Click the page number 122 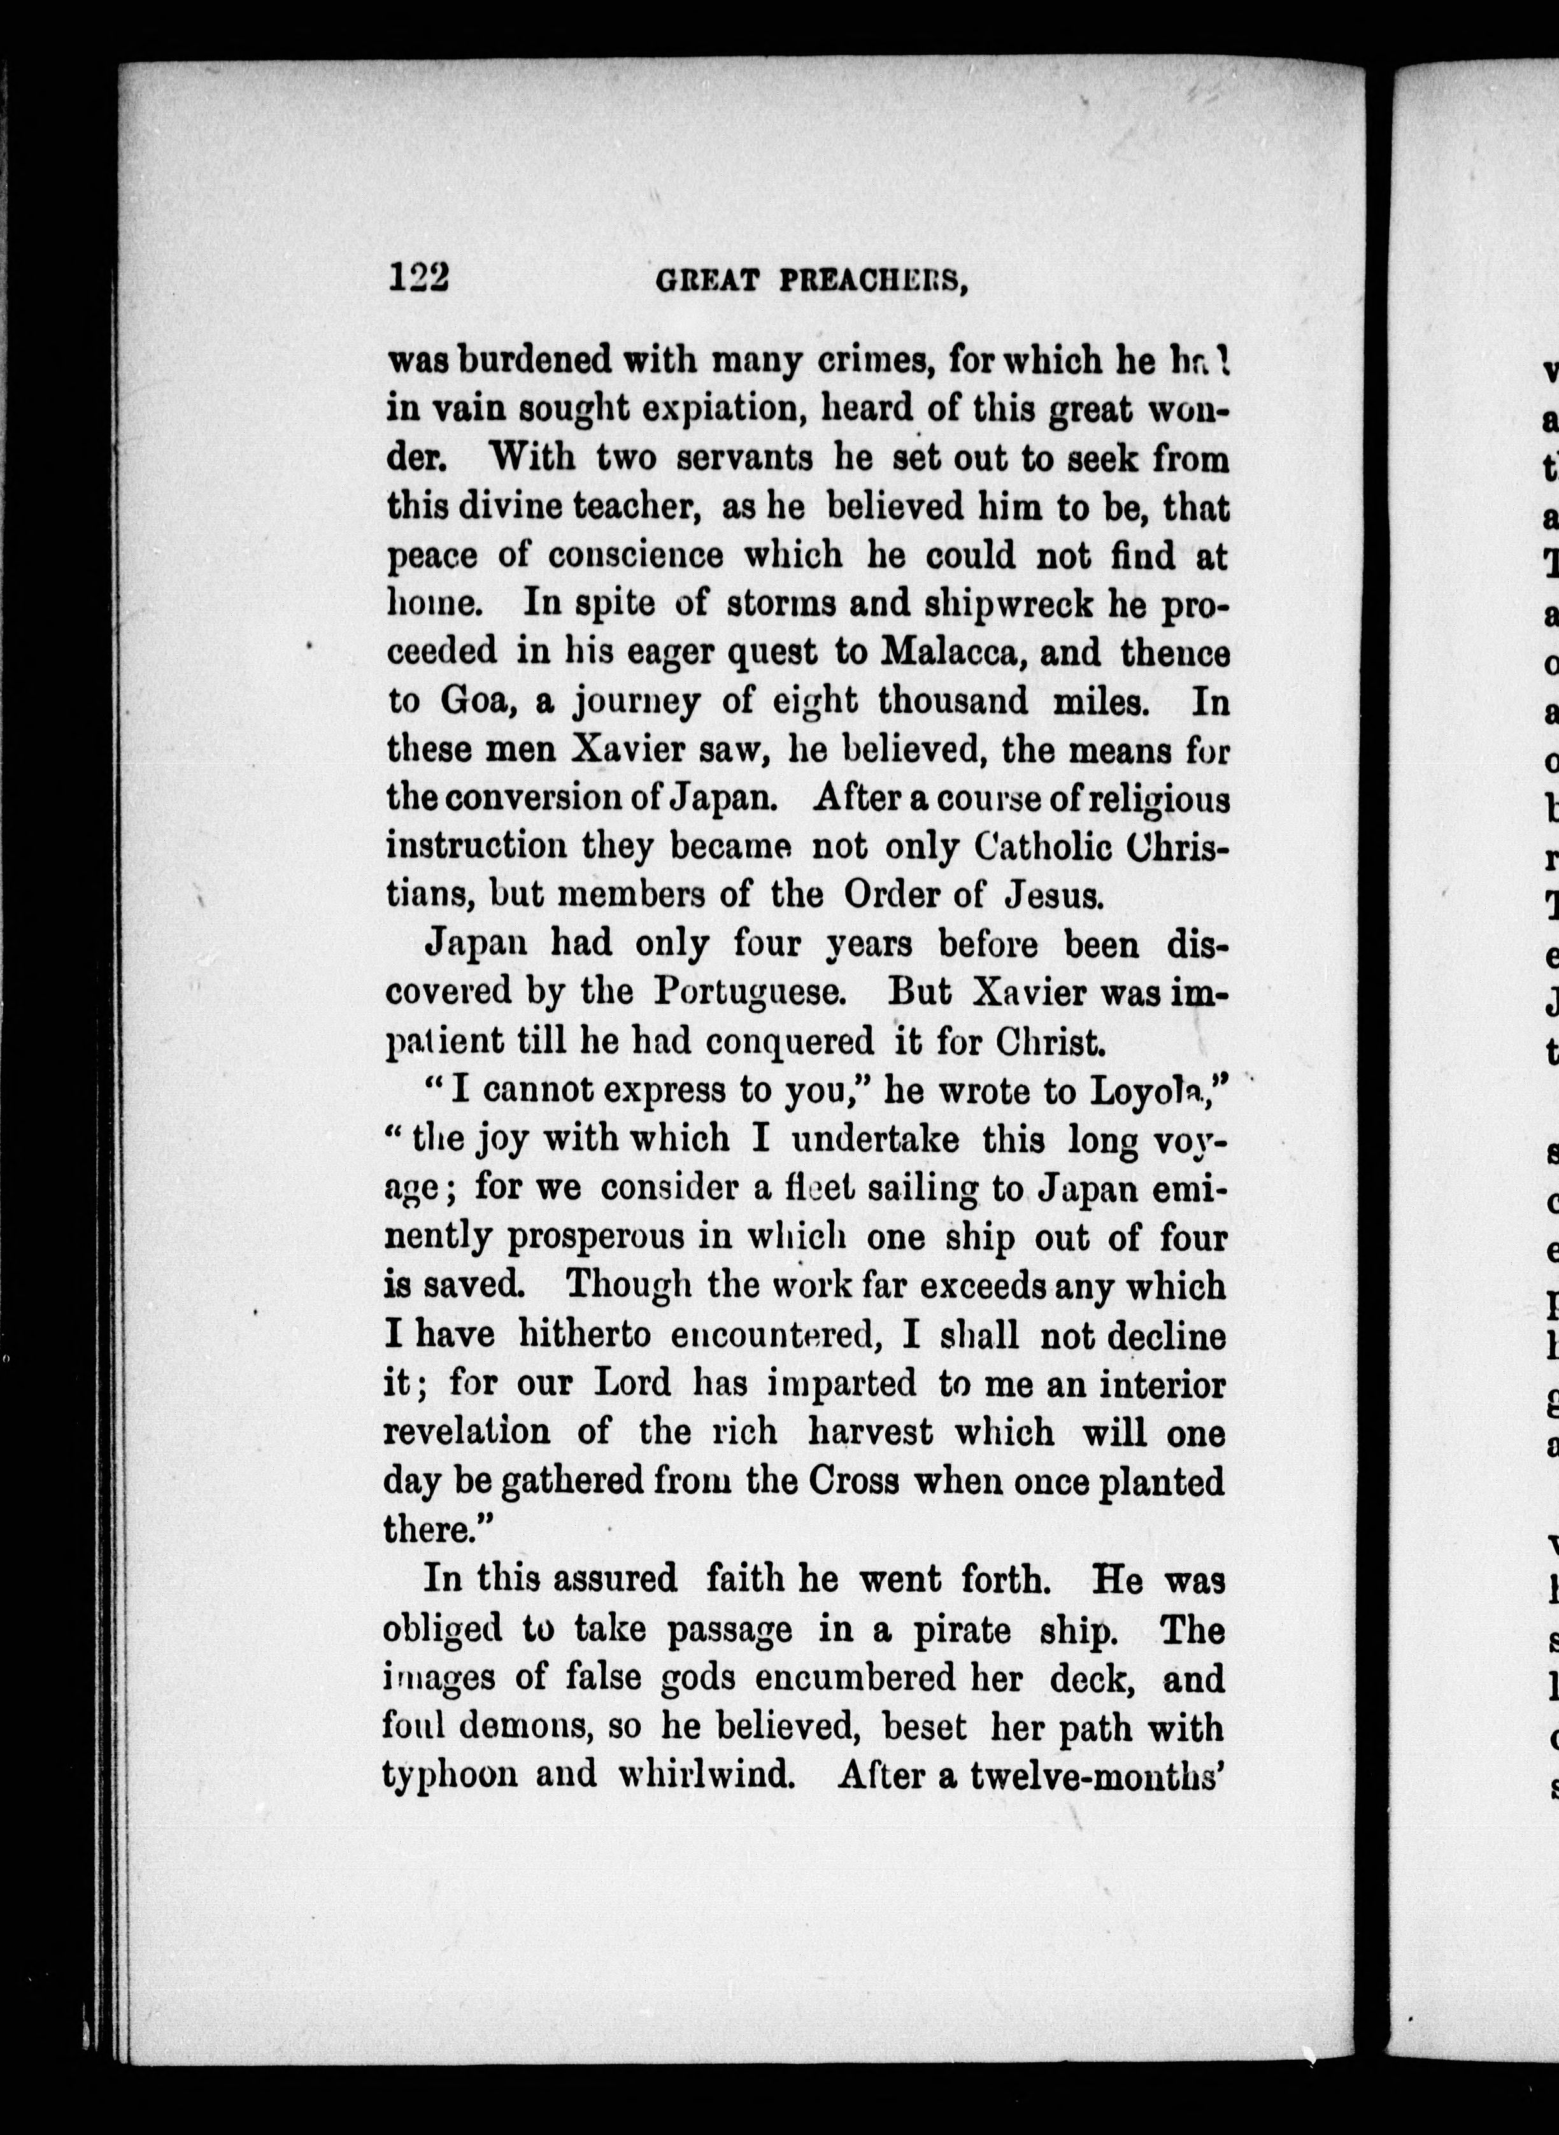420,280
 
